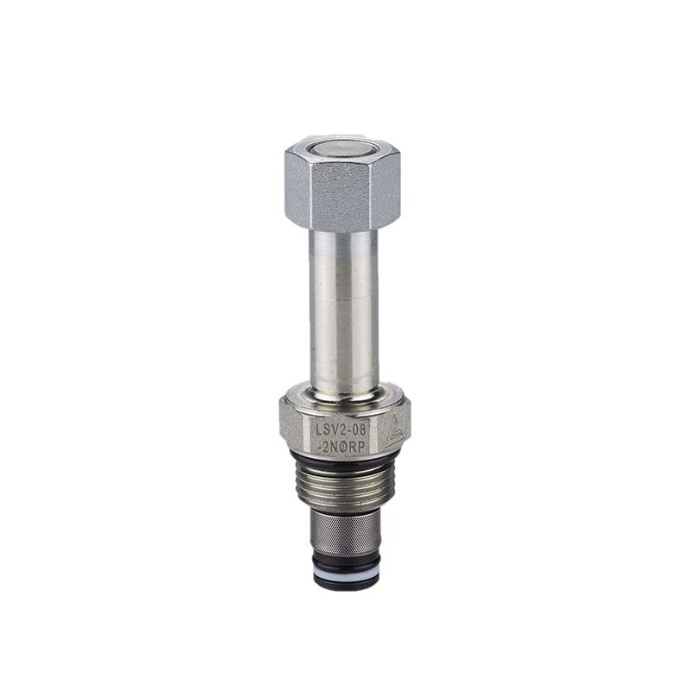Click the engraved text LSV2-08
[x=338, y=428]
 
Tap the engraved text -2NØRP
[x=342, y=446]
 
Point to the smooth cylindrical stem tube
[x=344, y=308]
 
